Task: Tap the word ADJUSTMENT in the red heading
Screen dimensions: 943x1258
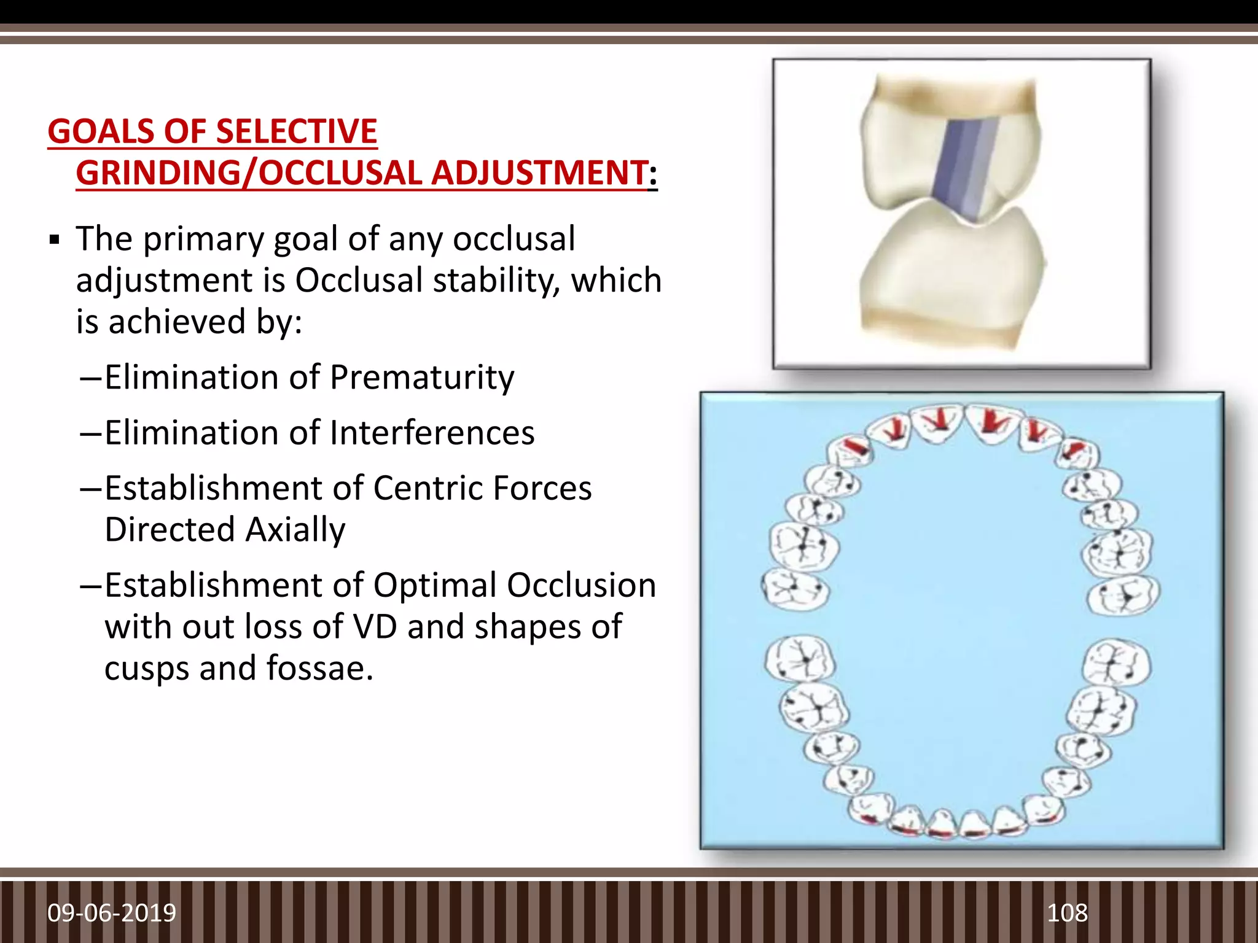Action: click(x=539, y=173)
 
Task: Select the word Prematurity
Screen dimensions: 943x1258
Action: click(x=421, y=377)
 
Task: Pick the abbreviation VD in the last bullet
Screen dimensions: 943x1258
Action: click(x=374, y=627)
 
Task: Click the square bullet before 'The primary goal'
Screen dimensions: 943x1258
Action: click(x=55, y=239)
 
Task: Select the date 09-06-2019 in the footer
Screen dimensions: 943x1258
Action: click(x=112, y=913)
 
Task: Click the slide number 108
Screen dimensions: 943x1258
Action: click(x=1067, y=913)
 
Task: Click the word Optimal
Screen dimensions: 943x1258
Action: click(x=435, y=585)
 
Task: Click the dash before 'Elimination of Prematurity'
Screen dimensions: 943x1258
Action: click(x=90, y=377)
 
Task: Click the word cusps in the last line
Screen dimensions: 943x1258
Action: click(x=146, y=669)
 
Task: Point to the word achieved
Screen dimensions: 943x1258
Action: click(x=178, y=322)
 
